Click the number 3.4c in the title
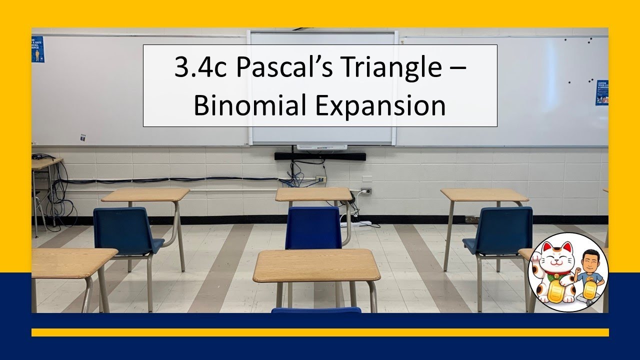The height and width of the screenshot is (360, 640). coord(199,68)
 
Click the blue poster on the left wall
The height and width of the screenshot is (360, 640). coord(37,49)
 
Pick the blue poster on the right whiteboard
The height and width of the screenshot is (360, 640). coord(601,92)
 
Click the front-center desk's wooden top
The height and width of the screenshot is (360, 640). coord(316,265)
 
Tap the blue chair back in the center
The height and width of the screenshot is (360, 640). coord(313,227)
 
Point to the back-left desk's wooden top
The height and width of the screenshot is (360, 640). coord(145,194)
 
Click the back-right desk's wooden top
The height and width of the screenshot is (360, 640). coord(484,194)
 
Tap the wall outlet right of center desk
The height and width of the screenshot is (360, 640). coord(366,191)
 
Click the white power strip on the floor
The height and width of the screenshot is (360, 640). coord(357,223)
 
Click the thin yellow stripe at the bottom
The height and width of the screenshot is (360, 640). coord(320,332)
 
